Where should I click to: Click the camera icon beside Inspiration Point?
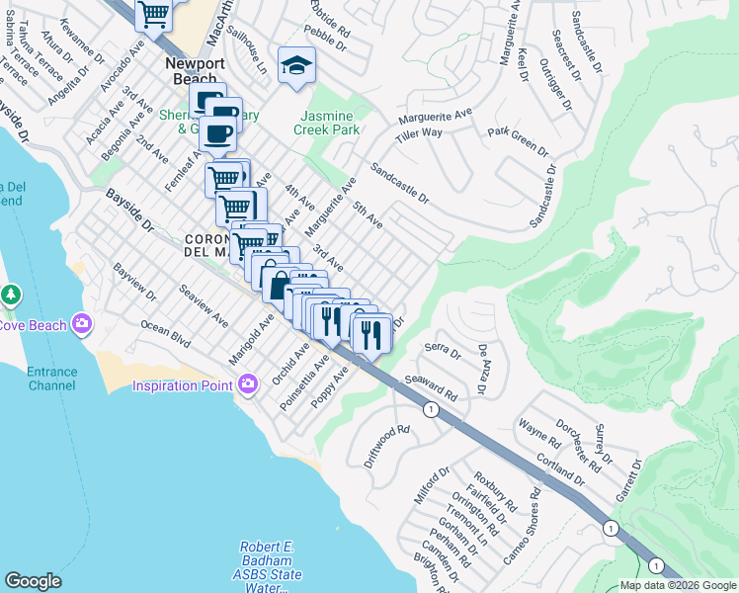tap(247, 383)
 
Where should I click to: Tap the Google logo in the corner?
tap(33, 581)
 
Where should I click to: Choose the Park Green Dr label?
tap(518, 140)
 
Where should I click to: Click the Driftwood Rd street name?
tap(386, 446)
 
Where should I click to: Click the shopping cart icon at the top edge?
tap(153, 12)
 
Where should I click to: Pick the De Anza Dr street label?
tap(483, 369)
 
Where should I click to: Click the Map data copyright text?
tap(677, 585)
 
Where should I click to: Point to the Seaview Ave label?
tap(203, 307)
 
